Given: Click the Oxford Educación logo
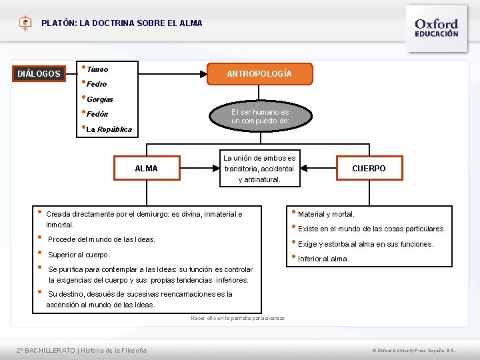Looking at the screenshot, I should pyautogui.click(x=437, y=27).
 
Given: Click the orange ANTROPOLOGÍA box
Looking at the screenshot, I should pyautogui.click(x=259, y=73).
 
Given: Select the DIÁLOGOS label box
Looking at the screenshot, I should pyautogui.click(x=39, y=73).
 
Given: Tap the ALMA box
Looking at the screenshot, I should pyautogui.click(x=146, y=169).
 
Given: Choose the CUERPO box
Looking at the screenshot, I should pyautogui.click(x=369, y=169).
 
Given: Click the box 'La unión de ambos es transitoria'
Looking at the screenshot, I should pyautogui.click(x=259, y=169).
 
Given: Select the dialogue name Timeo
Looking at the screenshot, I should pyautogui.click(x=97, y=69).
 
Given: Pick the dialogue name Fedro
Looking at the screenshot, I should pyautogui.click(x=97, y=85).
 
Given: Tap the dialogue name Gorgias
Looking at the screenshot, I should pyautogui.click(x=100, y=99).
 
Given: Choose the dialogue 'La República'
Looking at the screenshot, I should pyautogui.click(x=109, y=129).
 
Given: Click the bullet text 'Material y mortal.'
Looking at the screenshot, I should pyautogui.click(x=326, y=214).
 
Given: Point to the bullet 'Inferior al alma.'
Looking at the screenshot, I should pyautogui.click(x=323, y=259).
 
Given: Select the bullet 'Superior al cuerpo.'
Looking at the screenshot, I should pyautogui.click(x=79, y=255).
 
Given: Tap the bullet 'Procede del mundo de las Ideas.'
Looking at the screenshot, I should pyautogui.click(x=101, y=239).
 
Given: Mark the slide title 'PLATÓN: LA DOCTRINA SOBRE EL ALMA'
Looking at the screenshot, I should pyautogui.click(x=121, y=23).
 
